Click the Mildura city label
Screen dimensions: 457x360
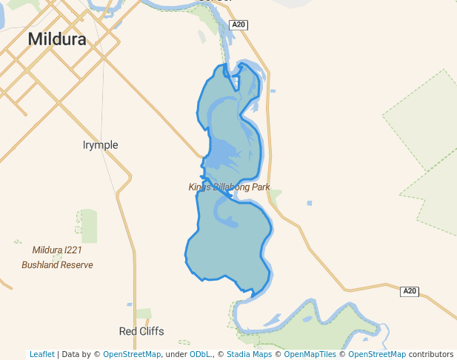[x=57, y=39]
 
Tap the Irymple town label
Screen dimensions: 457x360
[x=100, y=145]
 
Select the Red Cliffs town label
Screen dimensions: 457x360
[x=141, y=331]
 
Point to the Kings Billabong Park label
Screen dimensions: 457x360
[x=229, y=187]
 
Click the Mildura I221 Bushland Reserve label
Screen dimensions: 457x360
[x=57, y=257]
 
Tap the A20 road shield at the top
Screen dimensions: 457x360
[x=238, y=25]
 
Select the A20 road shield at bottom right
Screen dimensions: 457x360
[x=410, y=291]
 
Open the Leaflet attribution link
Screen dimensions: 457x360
[x=42, y=354]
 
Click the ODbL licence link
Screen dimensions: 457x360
[x=199, y=354]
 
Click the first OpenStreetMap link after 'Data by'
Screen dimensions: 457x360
[x=132, y=354]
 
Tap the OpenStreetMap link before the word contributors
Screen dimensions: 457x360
[x=377, y=354]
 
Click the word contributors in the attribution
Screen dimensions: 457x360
[x=431, y=354]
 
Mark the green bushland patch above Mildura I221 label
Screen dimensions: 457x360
[x=87, y=225]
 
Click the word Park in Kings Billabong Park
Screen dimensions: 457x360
[x=259, y=187]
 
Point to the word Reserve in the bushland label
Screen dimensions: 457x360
[x=76, y=264]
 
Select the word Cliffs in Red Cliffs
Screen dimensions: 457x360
[x=151, y=331]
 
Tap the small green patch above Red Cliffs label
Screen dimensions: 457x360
[x=143, y=314]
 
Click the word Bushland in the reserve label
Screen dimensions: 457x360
[x=39, y=264]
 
